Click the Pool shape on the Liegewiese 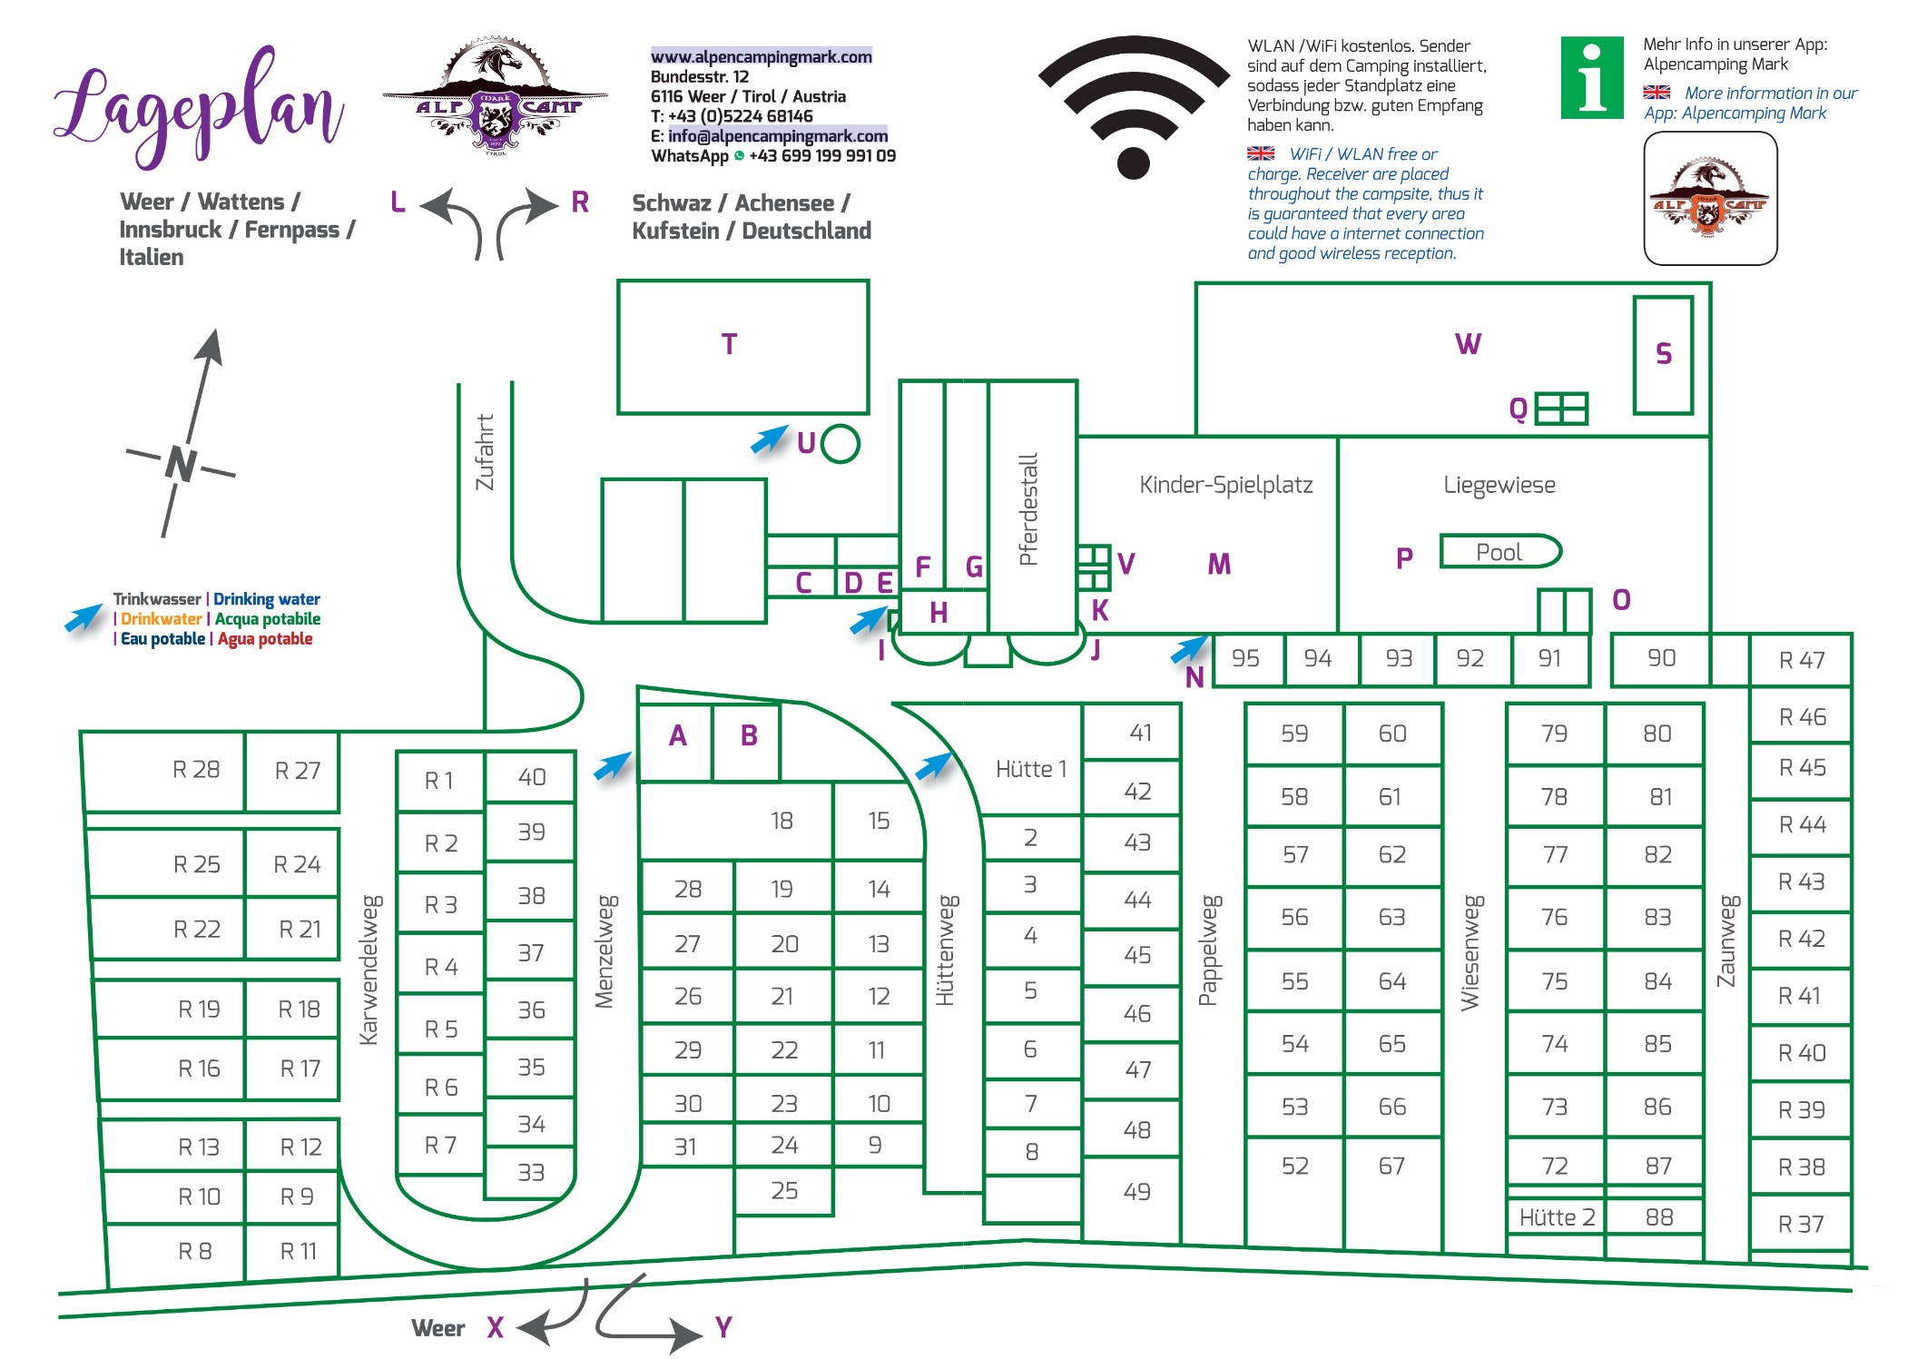pos(1500,552)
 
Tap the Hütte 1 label pos(1031,770)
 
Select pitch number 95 pos(1245,658)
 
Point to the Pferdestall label pos(1028,509)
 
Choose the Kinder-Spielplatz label pos(1226,485)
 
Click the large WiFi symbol pos(1134,106)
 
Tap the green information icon pos(1592,77)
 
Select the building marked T pos(742,347)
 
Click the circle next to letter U pos(841,445)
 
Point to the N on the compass pos(181,464)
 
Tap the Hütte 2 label pos(1557,1217)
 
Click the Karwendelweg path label pos(369,970)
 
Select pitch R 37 pos(1802,1225)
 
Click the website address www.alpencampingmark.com pos(761,56)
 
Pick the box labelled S pos(1663,355)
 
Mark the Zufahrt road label pos(486,452)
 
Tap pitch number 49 pos(1136,1192)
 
